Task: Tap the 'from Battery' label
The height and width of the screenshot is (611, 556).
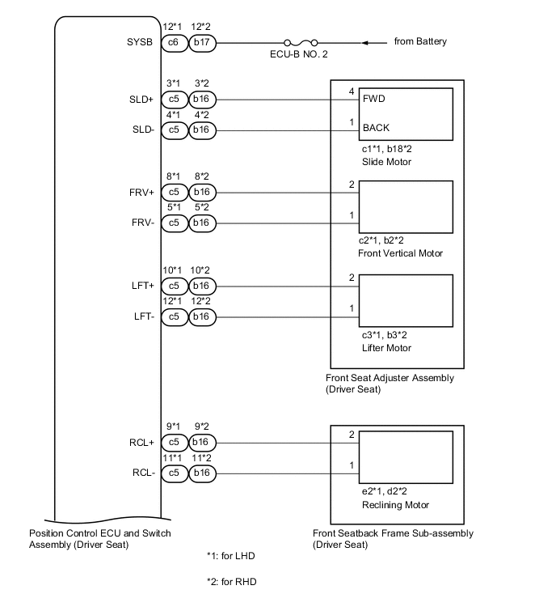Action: pos(419,41)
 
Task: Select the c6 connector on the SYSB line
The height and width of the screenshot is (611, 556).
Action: pos(174,42)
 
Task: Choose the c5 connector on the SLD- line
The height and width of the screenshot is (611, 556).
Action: pos(174,129)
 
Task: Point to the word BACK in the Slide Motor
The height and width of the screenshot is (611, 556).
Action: pos(377,128)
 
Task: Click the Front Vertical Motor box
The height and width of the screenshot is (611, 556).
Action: pos(405,207)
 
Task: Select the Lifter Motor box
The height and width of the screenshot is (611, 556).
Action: pos(405,301)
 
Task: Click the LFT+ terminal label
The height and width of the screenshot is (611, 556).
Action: pos(141,286)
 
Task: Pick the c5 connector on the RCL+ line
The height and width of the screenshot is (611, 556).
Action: pos(174,443)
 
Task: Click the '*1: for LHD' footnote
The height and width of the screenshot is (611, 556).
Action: pos(231,556)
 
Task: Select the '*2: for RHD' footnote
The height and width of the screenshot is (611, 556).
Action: pos(232,582)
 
